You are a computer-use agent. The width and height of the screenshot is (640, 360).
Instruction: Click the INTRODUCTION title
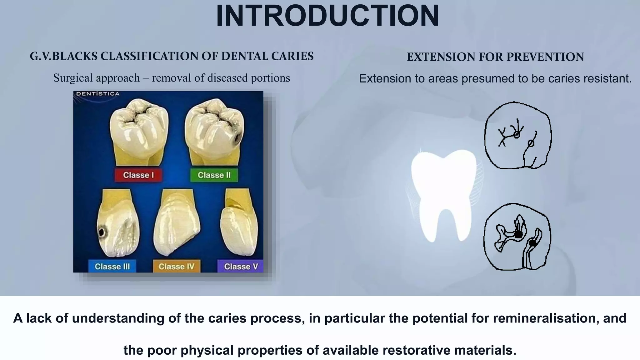(327, 16)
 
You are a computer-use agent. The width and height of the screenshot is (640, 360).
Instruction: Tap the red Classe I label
(138, 175)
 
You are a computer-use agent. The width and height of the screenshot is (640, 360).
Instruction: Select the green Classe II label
(214, 175)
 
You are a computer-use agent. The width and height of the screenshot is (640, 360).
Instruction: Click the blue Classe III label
(112, 267)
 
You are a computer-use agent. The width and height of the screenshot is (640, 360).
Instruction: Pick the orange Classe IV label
(177, 267)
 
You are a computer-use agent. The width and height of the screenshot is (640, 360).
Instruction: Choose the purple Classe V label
(241, 267)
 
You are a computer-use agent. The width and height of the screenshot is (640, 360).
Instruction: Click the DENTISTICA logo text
(98, 94)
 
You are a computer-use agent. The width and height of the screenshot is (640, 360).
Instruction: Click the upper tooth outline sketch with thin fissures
(518, 135)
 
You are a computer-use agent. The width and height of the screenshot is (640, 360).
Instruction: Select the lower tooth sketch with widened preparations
(517, 237)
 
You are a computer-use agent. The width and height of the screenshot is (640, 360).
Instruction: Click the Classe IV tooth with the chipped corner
(177, 223)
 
